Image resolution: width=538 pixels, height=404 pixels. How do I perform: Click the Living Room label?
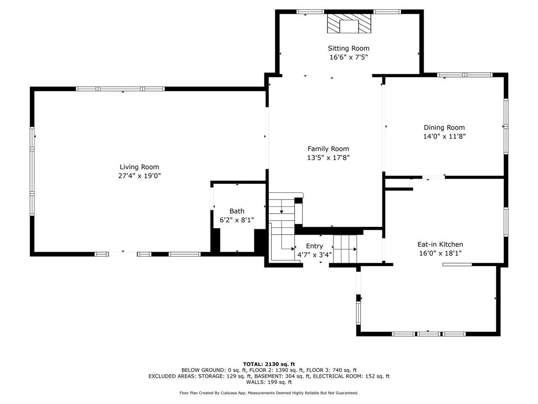point(139,167)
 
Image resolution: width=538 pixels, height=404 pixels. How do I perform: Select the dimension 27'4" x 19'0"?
point(139,176)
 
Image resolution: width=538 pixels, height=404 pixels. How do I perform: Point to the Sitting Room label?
point(348,48)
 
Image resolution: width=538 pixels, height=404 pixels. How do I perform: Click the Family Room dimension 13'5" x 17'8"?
point(328,158)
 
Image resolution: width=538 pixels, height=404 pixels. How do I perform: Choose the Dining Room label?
point(444,128)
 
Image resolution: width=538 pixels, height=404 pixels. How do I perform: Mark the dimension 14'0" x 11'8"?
point(444,136)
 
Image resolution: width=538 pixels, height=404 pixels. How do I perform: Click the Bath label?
point(237,211)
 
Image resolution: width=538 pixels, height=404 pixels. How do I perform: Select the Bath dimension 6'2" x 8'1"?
point(237,220)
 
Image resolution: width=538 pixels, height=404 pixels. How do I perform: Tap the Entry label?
point(314,246)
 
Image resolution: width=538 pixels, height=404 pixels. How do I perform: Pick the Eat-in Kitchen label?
point(440,244)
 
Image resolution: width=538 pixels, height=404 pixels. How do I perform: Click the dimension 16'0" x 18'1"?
point(440,253)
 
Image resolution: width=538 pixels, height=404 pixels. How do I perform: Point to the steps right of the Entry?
point(345,249)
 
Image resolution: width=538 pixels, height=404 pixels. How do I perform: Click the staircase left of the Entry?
point(281,227)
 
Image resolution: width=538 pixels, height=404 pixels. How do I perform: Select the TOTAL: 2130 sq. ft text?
point(269,364)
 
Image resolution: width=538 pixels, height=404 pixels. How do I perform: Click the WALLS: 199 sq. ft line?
point(269,382)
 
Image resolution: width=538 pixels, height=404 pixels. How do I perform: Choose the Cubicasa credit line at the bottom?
point(269,393)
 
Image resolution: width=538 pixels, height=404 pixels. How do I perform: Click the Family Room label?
point(328,149)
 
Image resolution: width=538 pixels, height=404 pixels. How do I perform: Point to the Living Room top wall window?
point(120,89)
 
